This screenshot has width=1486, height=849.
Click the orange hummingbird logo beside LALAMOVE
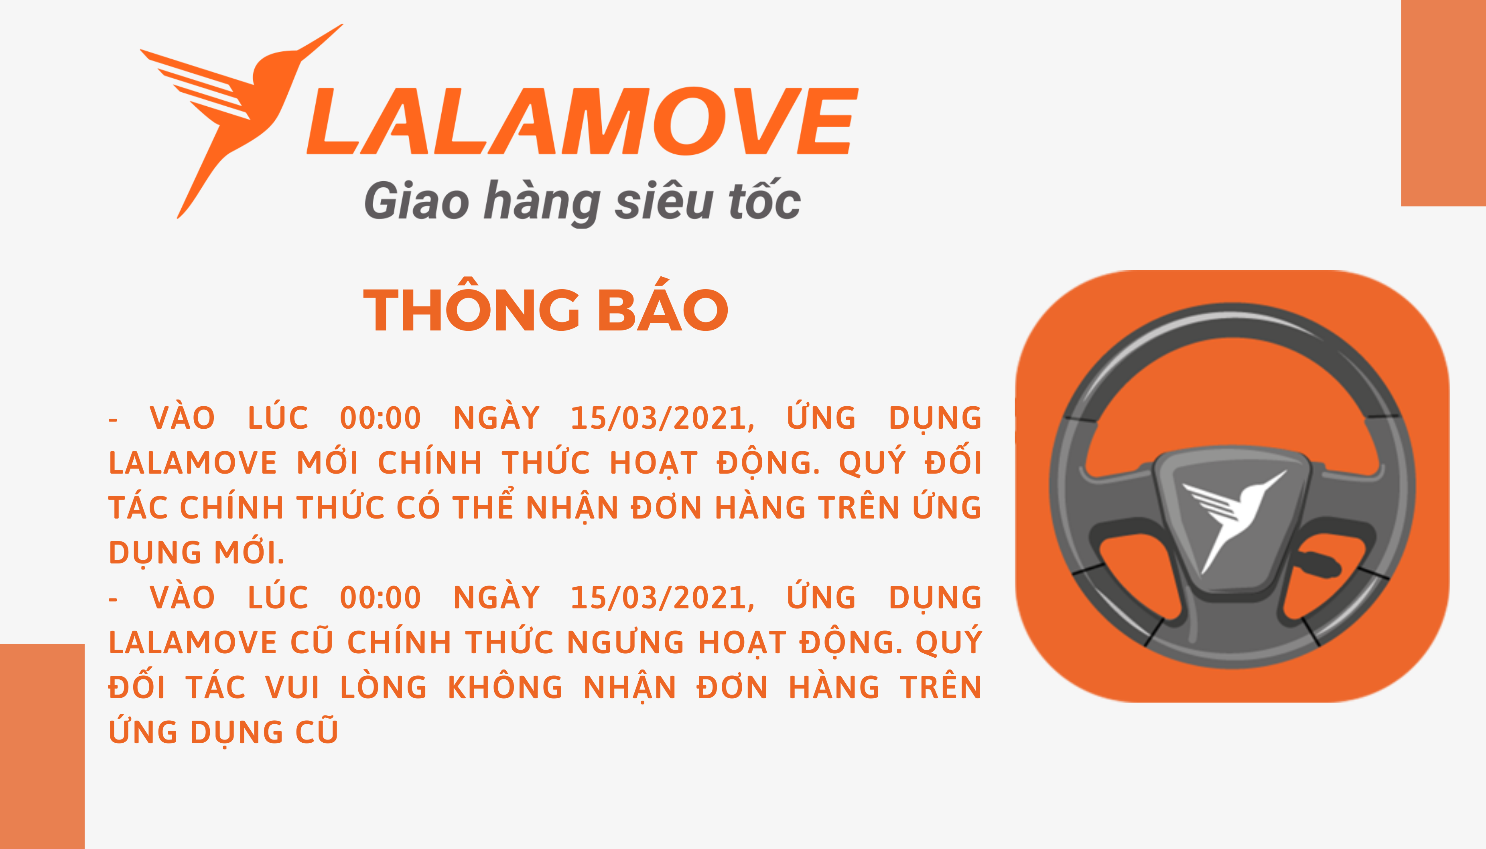[233, 111]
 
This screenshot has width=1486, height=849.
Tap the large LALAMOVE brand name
[582, 121]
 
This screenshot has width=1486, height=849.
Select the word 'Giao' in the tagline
[417, 201]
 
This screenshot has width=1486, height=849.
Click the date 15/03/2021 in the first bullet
[662, 419]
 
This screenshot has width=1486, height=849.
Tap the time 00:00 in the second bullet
[380, 598]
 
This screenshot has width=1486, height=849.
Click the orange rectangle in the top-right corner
[1443, 103]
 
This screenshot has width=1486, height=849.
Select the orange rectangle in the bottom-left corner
[42, 746]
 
